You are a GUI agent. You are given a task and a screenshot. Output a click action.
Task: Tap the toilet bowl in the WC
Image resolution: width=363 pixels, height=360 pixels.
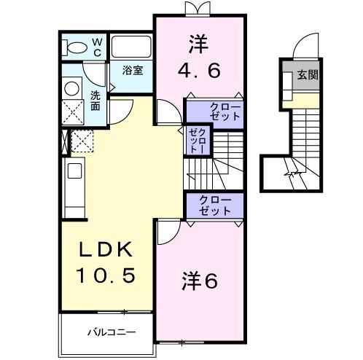point(75,47)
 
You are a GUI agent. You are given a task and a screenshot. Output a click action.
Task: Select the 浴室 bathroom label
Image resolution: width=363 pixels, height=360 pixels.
point(131,71)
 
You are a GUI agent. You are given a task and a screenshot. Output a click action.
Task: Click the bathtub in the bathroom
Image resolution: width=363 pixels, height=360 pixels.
point(131,48)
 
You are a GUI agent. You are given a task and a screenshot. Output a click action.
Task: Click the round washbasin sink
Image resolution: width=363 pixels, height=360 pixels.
point(72,89)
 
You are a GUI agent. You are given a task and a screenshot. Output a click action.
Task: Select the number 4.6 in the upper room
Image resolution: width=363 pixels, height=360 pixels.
point(199,71)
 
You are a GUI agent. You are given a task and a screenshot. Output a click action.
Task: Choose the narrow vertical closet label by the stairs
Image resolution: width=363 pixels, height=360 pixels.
point(195,139)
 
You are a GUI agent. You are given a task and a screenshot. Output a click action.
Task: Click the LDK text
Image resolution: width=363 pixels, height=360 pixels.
point(106,249)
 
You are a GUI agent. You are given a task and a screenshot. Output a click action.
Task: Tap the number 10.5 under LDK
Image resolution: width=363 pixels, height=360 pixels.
point(106,277)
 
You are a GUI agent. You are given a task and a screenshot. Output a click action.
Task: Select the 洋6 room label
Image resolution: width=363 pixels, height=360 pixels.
point(200,281)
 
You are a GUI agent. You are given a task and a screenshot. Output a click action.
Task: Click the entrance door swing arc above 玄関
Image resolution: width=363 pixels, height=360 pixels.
point(305,50)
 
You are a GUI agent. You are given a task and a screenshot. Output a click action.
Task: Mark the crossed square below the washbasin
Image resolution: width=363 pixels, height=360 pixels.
point(72,114)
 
